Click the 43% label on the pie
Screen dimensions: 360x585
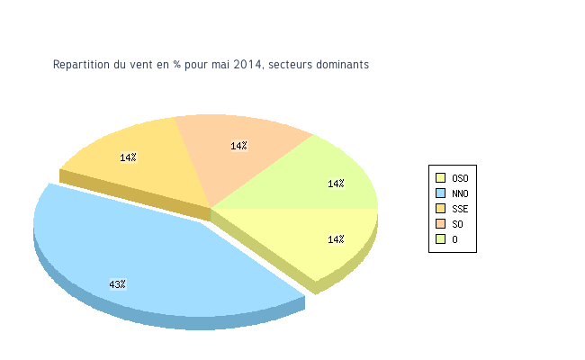pyautogui.click(x=117, y=284)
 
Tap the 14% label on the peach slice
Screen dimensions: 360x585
pyautogui.click(x=238, y=146)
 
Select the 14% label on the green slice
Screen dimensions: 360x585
pyautogui.click(x=336, y=184)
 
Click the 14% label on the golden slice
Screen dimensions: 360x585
pyautogui.click(x=128, y=157)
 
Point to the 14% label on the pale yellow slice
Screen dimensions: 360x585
pyautogui.click(x=336, y=239)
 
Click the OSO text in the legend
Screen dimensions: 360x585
pyautogui.click(x=460, y=178)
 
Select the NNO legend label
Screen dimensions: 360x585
pyautogui.click(x=460, y=193)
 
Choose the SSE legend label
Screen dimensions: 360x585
pyautogui.click(x=460, y=209)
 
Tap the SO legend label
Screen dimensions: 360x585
pyautogui.click(x=457, y=224)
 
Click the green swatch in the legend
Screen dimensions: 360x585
pyautogui.click(x=441, y=239)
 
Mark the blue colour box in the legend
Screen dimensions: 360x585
pyautogui.click(x=441, y=193)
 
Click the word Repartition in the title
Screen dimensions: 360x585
pyautogui.click(x=79, y=65)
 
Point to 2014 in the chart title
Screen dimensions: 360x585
pyautogui.click(x=248, y=65)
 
